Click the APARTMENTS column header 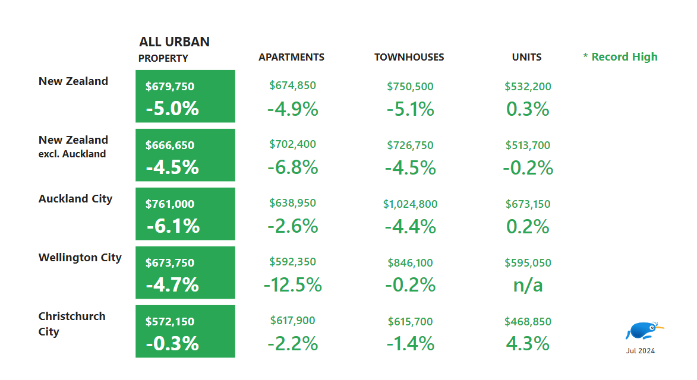point(291,57)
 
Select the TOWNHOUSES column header point(409,57)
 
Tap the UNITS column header point(526,57)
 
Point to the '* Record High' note point(620,57)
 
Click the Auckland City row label point(75,199)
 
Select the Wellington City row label point(80,258)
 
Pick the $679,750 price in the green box point(170,87)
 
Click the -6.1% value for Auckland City point(173,226)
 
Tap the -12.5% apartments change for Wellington point(292,285)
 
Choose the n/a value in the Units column point(528,285)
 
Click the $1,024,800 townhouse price point(410,204)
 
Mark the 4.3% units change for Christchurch point(528,344)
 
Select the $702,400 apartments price point(292,144)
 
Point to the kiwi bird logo point(644,331)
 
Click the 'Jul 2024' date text point(640,351)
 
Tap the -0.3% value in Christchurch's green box point(173,344)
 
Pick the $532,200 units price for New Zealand point(528,87)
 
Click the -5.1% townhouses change point(410,109)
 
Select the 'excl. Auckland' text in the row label point(72,154)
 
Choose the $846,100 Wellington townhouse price point(410,262)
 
